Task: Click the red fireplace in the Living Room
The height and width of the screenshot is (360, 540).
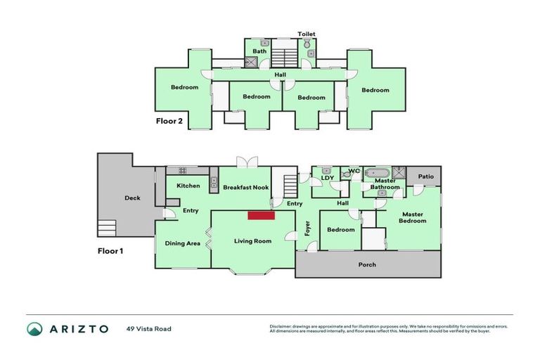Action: pyautogui.click(x=260, y=216)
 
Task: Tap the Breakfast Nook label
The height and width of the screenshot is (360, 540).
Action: pyautogui.click(x=246, y=188)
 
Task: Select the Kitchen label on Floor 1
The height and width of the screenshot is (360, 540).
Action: pyautogui.click(x=188, y=186)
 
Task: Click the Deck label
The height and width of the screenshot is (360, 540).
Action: pyautogui.click(x=132, y=198)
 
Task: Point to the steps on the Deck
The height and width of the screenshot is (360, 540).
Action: pyautogui.click(x=106, y=227)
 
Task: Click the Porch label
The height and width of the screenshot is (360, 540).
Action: pyautogui.click(x=367, y=264)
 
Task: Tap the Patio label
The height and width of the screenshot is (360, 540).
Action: pyautogui.click(x=426, y=176)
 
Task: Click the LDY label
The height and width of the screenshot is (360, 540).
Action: pyautogui.click(x=327, y=178)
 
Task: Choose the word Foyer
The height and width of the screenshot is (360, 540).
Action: pyautogui.click(x=307, y=228)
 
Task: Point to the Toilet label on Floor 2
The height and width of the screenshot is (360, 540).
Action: pyautogui.click(x=307, y=34)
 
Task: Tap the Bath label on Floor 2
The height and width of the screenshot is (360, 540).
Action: pyautogui.click(x=259, y=51)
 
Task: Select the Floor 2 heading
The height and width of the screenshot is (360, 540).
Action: pyautogui.click(x=169, y=121)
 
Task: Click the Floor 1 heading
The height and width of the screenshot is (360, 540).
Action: pyautogui.click(x=110, y=250)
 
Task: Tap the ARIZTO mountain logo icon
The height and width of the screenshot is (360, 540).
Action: pyautogui.click(x=34, y=328)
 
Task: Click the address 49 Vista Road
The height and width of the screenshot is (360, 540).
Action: pyautogui.click(x=149, y=328)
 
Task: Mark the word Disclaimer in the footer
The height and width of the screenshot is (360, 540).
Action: pyautogui.click(x=283, y=326)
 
